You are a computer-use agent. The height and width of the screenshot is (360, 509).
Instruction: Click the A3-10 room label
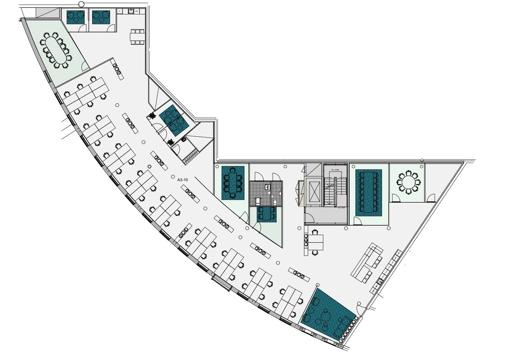pos(182,180)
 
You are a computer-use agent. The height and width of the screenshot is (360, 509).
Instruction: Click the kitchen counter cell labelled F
pos(120,11)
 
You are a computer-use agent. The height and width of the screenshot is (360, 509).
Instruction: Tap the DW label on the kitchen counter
pos(137,11)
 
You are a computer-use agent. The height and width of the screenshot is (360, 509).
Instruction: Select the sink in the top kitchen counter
pos(131,11)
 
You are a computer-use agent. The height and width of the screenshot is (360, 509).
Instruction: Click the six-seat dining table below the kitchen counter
pos(137,37)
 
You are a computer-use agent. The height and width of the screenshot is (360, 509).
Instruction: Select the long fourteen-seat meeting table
pos(369,192)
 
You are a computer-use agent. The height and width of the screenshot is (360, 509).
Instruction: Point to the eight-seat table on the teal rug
pos(233,183)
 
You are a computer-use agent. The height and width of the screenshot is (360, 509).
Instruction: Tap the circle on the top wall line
pos(81,4)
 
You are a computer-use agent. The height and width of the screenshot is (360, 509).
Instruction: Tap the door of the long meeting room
pos(357,221)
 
